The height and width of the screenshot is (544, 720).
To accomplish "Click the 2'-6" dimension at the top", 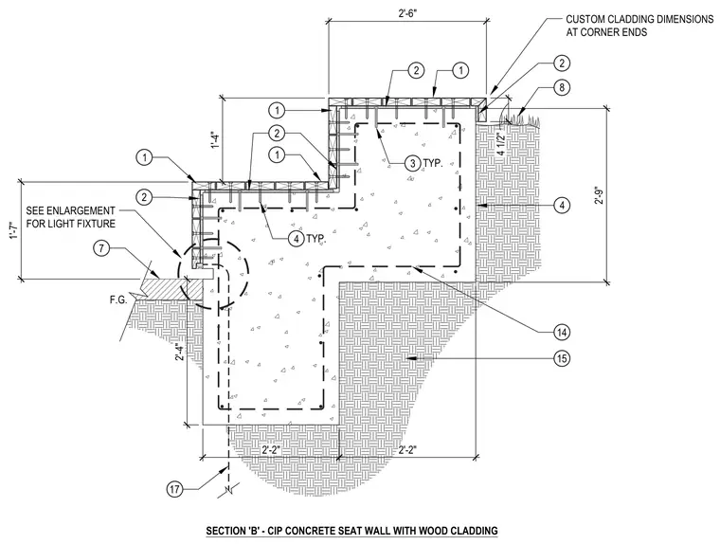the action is [407, 13].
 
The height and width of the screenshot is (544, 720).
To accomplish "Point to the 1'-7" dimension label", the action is [15, 229].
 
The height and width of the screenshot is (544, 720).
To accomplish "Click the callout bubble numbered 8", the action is [562, 87].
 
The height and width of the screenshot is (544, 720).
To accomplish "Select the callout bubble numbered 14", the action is [562, 333].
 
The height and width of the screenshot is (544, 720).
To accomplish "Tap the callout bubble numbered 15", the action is [562, 357].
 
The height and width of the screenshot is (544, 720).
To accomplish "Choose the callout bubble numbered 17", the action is [175, 490].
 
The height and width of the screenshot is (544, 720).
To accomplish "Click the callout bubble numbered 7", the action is [101, 248].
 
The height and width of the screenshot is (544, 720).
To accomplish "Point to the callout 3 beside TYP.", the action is [413, 163].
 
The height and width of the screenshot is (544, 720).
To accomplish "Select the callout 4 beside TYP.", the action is [297, 239].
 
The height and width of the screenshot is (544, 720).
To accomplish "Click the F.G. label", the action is [118, 300].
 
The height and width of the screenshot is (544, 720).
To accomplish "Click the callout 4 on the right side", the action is [562, 205].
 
